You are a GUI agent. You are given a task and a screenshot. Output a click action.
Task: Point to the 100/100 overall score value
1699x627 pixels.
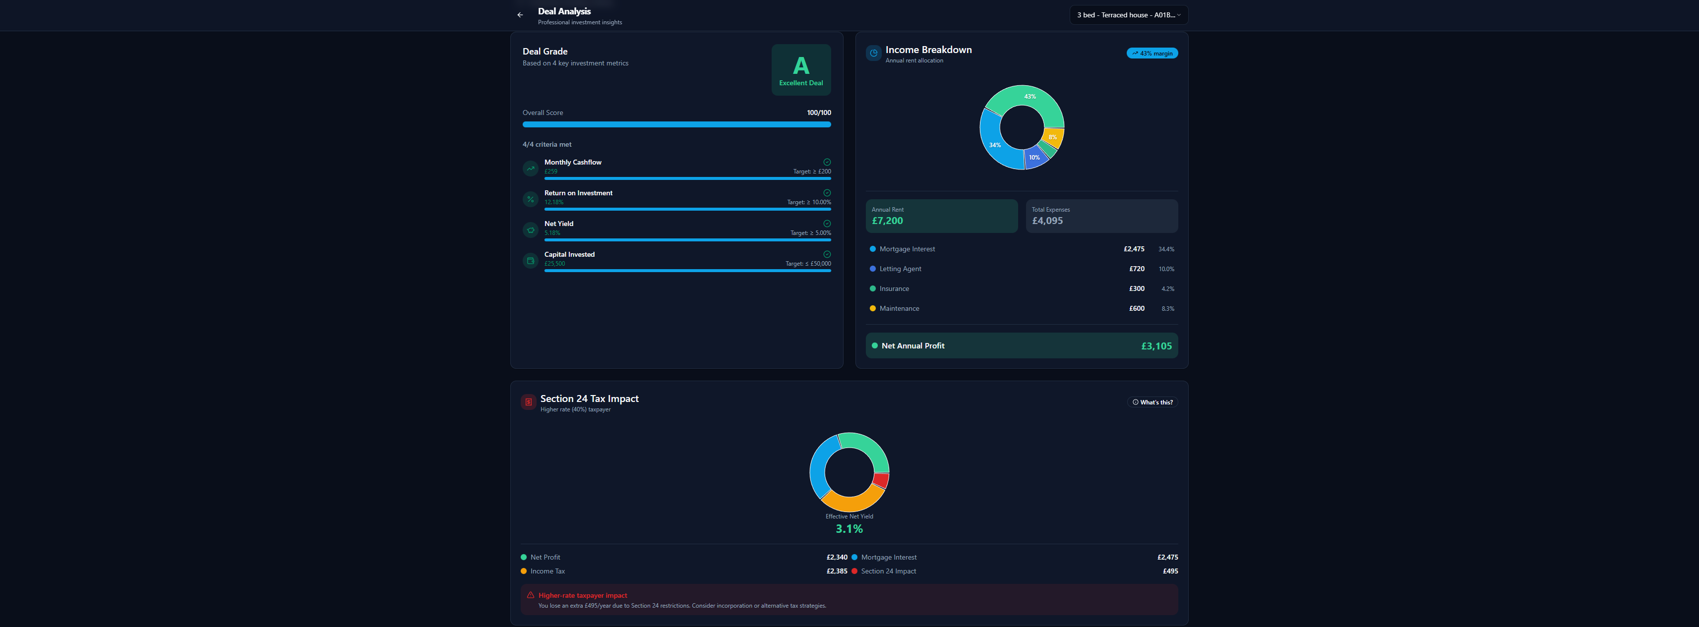[x=818, y=113]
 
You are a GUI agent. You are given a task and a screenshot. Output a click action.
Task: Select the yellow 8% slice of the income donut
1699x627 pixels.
[x=1053, y=137]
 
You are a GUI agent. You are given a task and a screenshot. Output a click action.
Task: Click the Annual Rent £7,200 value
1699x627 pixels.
[x=887, y=221]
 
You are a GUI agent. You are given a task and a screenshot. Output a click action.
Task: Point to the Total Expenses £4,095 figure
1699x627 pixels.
[x=1047, y=221]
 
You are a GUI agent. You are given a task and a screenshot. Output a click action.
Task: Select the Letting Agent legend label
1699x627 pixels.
[x=900, y=269]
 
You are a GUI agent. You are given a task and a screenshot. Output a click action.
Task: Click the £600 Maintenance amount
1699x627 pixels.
[x=1137, y=309]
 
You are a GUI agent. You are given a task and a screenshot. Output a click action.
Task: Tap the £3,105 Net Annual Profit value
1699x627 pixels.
[x=1156, y=346]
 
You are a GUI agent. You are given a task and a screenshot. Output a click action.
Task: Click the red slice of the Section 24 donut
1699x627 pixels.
[x=881, y=480]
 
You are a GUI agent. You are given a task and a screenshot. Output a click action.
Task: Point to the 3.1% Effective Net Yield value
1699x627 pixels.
[x=849, y=529]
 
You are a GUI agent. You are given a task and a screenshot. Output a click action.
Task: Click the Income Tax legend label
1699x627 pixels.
[x=547, y=571]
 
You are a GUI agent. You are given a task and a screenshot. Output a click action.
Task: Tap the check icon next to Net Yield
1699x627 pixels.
[x=827, y=224]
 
